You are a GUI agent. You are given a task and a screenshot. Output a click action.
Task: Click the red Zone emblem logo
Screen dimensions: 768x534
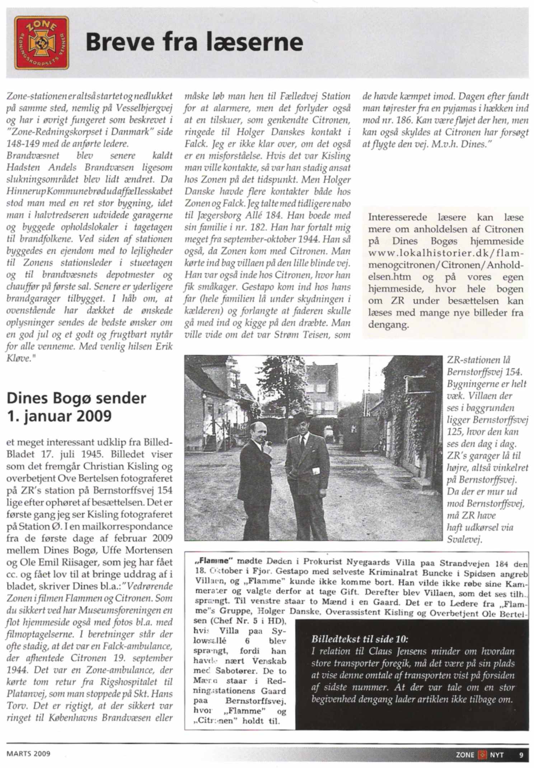(x=42, y=42)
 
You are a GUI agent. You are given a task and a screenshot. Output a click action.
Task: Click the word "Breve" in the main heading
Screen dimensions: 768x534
(x=120, y=42)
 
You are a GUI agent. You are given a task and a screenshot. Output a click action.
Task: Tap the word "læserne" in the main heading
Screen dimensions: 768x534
(x=255, y=42)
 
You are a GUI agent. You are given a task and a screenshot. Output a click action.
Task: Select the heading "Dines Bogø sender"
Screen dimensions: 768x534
(x=76, y=398)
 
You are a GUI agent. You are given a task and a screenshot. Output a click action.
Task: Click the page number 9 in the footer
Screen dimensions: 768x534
(x=521, y=755)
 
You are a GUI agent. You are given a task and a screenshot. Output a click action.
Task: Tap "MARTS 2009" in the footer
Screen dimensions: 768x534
(x=28, y=754)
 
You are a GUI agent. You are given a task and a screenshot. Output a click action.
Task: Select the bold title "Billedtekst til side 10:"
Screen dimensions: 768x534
(x=359, y=639)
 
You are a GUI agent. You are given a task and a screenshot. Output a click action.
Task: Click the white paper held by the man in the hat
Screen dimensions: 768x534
(x=316, y=471)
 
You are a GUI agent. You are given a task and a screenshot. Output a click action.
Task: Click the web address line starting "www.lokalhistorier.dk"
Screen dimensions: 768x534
(x=446, y=253)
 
